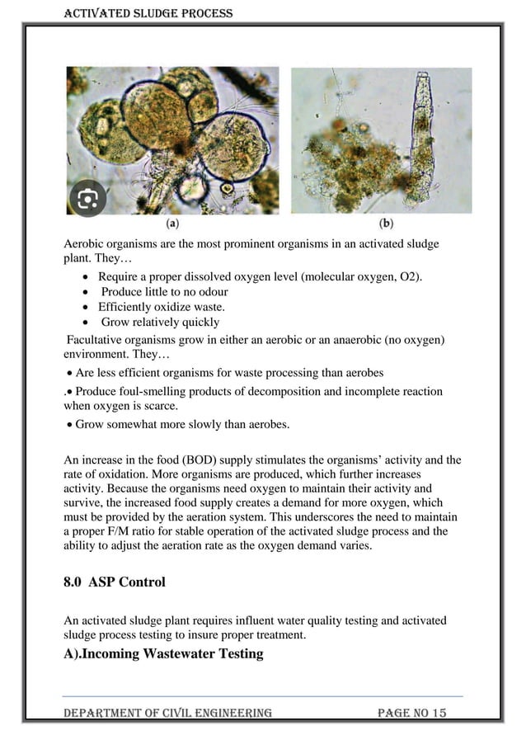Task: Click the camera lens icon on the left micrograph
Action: [x=87, y=198]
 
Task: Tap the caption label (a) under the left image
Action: [x=173, y=223]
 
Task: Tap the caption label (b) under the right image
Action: [x=386, y=223]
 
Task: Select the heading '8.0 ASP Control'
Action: [x=115, y=582]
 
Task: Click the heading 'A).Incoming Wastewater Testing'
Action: [x=163, y=653]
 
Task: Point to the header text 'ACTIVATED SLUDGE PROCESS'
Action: [x=148, y=13]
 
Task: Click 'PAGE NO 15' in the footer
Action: [x=411, y=712]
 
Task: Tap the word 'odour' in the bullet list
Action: [x=213, y=291]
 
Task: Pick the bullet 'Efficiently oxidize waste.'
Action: [x=162, y=306]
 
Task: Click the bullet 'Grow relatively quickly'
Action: [x=160, y=322]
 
